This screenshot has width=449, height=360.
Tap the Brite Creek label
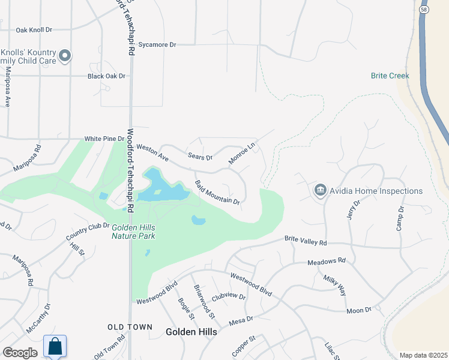tap(390, 76)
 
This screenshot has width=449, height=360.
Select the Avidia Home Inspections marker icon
tap(320, 191)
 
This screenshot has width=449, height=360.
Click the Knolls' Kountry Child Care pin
tap(65, 57)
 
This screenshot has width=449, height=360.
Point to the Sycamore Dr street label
tap(157, 44)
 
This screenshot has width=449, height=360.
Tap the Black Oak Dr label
tap(106, 76)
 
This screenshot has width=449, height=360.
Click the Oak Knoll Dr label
tap(34, 29)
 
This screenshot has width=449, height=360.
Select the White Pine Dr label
tap(104, 138)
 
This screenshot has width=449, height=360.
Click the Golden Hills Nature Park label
tap(133, 232)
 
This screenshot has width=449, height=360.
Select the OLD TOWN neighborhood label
tap(128, 326)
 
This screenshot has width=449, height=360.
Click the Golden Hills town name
tap(191, 331)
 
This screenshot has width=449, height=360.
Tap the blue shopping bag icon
tap(55, 346)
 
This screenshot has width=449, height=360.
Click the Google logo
tap(20, 353)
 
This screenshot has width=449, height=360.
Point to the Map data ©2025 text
tap(423, 355)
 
